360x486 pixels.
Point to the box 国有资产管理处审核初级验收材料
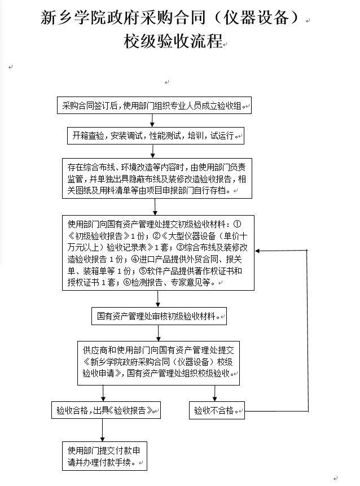click(x=159, y=317)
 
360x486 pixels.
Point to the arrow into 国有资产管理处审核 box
click(x=159, y=299)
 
